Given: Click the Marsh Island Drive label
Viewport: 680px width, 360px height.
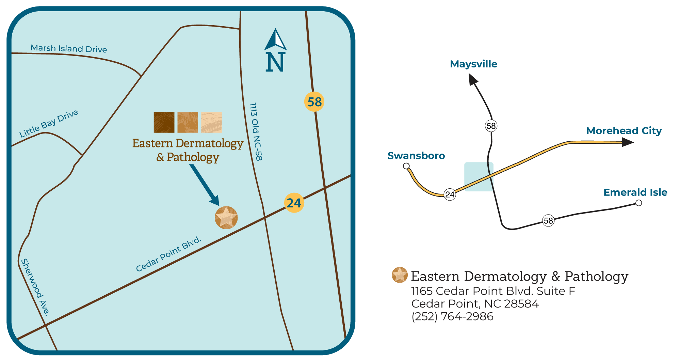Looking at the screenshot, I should coord(69,48).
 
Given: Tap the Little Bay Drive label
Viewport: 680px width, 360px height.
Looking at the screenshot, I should coord(49,123).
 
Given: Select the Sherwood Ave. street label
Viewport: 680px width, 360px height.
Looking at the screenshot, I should coord(35,287).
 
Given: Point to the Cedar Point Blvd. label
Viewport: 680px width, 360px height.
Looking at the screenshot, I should coord(169,254).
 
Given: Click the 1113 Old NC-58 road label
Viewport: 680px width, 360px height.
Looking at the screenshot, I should coord(256,131).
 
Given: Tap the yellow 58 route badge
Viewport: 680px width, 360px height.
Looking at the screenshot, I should coord(314,102).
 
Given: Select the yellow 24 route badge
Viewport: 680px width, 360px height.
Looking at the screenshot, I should coord(294,203).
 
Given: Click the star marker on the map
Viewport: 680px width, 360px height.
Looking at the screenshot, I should coord(226,218).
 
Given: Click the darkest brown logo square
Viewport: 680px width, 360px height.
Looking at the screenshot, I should coord(164,122).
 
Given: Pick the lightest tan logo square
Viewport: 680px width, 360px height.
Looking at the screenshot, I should coord(211,122).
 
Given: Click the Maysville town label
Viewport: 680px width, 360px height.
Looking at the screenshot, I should coord(473,64).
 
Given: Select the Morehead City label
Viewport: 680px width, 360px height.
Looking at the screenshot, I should coord(624,131).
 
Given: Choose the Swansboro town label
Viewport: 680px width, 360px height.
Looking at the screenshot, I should coord(416,156).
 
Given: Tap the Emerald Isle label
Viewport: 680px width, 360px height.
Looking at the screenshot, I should coord(635,192).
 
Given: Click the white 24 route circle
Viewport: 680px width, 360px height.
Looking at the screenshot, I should coord(450,194).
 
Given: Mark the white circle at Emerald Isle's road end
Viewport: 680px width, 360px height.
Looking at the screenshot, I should coord(639,203).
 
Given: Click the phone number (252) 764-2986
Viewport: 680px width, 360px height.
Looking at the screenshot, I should coord(452,316).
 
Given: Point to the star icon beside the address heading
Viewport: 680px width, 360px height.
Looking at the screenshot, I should coord(400,275).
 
